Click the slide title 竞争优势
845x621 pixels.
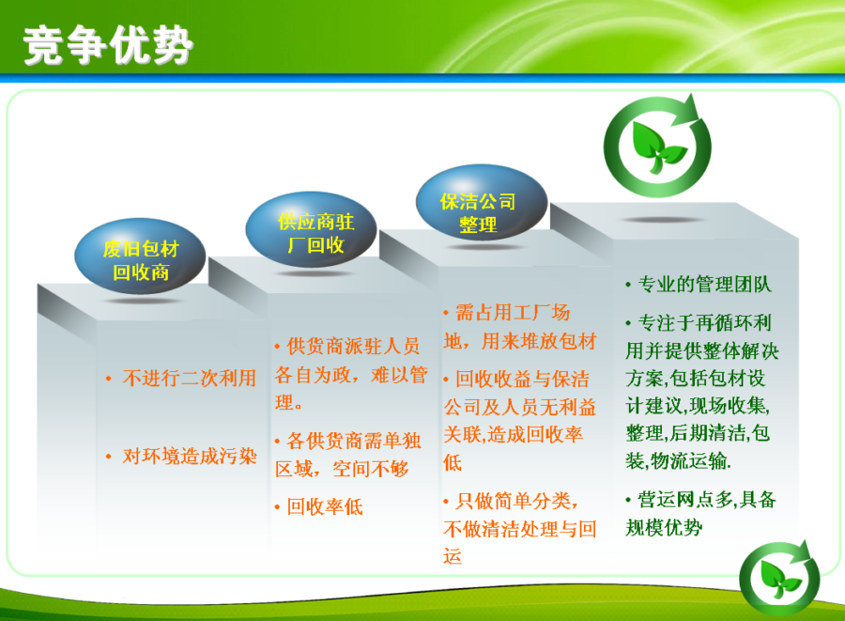coord(108,45)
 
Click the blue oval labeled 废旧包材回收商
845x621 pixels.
coord(140,256)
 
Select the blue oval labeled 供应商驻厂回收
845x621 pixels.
coord(311,229)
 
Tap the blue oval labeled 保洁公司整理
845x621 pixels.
coord(482,203)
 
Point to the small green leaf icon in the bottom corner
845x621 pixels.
coord(780,578)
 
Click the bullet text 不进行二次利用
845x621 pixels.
coord(189,378)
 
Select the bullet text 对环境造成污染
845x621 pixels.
coord(189,456)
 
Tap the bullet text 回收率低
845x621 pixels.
coord(325,506)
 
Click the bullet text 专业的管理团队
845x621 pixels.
coord(705,284)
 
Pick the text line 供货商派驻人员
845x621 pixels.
coord(353,346)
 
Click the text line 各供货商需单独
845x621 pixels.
coord(354,441)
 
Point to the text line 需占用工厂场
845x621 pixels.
coord(513,312)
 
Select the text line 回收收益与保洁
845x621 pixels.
coord(522,379)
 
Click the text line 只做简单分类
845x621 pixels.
coord(516,501)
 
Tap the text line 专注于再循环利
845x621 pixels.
coord(705,323)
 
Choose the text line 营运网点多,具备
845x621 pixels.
coord(706,500)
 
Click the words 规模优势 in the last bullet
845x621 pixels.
coord(664,527)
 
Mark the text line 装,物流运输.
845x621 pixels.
coord(678,461)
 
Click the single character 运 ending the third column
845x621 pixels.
coord(453,556)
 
